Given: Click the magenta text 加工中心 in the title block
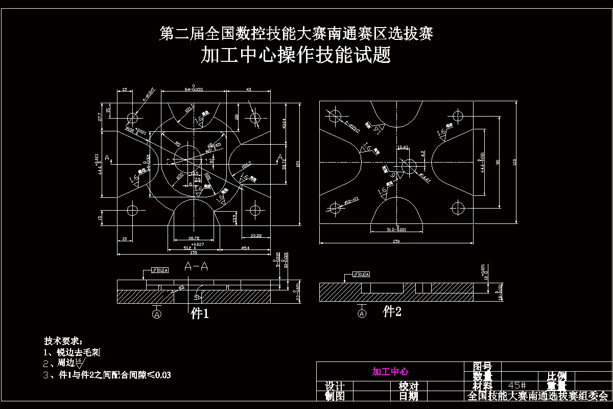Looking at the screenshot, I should click(x=390, y=372).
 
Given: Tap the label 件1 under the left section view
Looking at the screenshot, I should click(x=200, y=314).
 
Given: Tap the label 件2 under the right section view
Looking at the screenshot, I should click(x=392, y=311).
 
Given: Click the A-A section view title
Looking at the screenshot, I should click(x=196, y=266).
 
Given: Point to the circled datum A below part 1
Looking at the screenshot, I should click(x=157, y=313).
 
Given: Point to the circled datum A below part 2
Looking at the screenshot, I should click(x=362, y=313).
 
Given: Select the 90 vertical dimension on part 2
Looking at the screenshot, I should click(x=497, y=162).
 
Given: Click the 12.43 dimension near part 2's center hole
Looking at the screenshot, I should click(x=403, y=148).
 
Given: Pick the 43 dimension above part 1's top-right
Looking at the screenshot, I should click(x=249, y=90).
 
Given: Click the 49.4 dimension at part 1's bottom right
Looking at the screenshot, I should click(x=245, y=247).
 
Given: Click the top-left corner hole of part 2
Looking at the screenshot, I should click(x=335, y=113).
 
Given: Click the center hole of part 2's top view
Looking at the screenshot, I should click(x=408, y=166).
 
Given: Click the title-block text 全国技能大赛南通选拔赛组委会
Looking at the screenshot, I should click(x=538, y=396).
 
